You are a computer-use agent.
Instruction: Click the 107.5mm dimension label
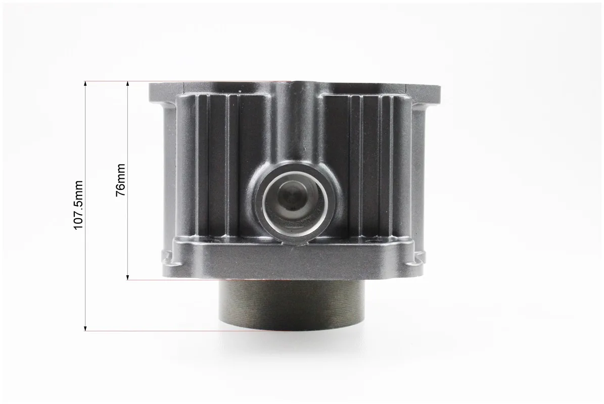click(78, 205)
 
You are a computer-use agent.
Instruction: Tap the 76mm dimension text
click(121, 180)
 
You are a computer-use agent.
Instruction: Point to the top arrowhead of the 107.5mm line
click(85, 84)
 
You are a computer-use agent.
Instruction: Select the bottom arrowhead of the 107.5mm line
click(85, 327)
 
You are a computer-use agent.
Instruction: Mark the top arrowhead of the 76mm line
click(128, 84)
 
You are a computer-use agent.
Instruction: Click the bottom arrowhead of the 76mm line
click(128, 277)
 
